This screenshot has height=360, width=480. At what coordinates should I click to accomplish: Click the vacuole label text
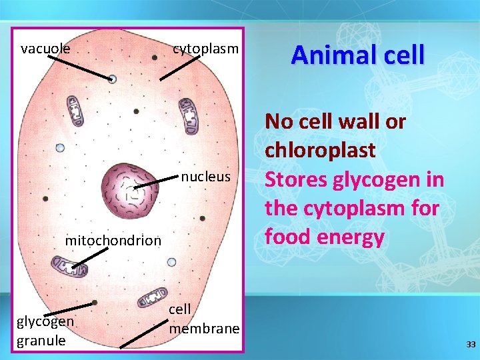click(45, 49)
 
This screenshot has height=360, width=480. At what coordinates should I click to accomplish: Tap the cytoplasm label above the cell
click(205, 49)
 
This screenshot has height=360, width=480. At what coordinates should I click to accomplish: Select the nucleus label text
click(205, 177)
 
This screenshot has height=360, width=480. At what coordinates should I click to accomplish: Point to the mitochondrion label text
click(113, 240)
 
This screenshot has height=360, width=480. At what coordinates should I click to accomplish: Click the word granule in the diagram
click(41, 340)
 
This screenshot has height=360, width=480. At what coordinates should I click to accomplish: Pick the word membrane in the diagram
click(203, 329)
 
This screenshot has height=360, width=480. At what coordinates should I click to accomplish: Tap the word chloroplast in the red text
click(320, 150)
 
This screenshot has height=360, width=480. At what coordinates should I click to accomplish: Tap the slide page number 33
click(471, 344)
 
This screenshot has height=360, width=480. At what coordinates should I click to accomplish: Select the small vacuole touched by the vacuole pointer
click(112, 79)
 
